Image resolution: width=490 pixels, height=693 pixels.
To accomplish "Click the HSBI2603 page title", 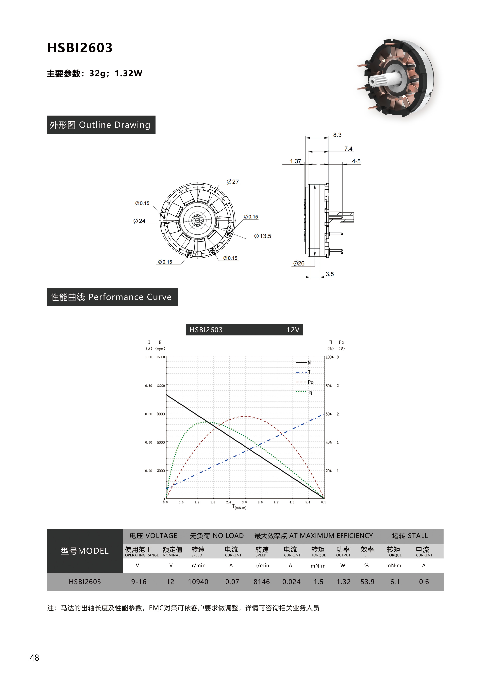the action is [80, 48].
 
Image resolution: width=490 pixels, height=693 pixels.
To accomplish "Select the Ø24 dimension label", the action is [139, 221].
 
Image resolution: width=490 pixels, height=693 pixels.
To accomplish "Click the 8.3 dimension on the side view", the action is [337, 135].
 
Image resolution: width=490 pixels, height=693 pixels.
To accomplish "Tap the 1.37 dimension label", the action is [296, 161].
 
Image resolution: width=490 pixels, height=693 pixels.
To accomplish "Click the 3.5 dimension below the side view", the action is [330, 274].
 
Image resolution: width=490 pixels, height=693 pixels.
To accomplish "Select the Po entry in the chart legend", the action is [305, 382].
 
